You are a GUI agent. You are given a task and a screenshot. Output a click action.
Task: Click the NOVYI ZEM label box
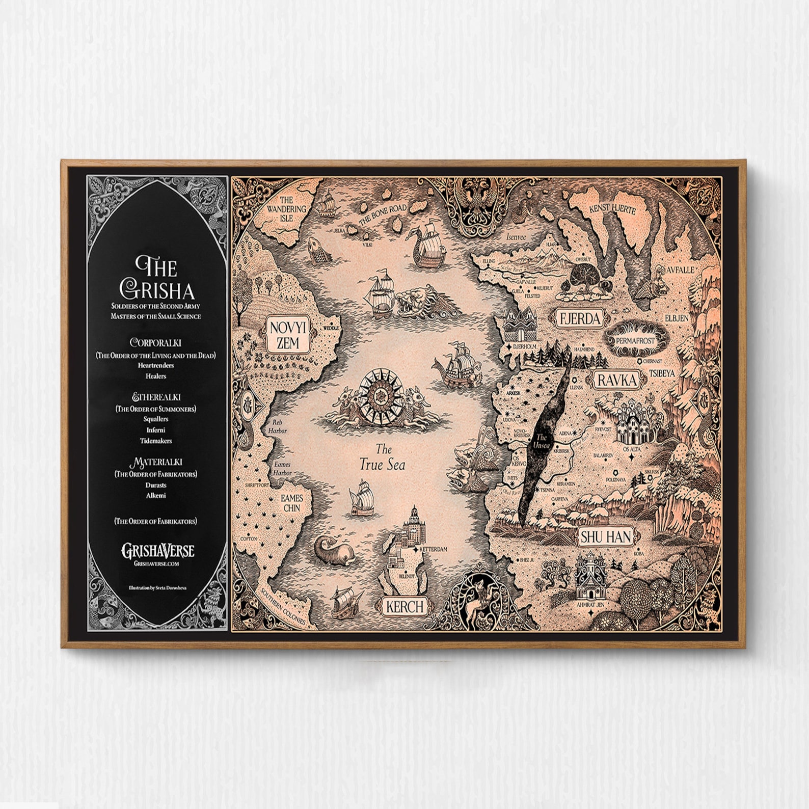click(288, 335)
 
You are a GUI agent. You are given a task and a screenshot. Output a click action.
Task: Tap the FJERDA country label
click(579, 319)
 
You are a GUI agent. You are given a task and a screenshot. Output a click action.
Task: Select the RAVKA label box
click(617, 380)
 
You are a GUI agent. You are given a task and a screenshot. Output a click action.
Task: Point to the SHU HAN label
click(605, 536)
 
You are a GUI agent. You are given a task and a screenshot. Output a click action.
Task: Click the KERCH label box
click(404, 606)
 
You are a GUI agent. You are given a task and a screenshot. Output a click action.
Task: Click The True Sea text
click(383, 457)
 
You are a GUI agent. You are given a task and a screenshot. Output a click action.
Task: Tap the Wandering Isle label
click(286, 209)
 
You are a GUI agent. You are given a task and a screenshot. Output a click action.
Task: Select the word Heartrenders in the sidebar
click(155, 365)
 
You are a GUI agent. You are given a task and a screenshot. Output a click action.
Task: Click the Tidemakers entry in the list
click(156, 441)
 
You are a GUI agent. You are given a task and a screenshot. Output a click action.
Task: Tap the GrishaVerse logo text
click(157, 550)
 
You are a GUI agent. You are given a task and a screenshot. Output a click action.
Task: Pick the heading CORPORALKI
click(155, 343)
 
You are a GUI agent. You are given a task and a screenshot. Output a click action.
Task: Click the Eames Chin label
click(291, 503)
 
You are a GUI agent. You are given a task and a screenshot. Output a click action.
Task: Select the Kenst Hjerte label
click(612, 209)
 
